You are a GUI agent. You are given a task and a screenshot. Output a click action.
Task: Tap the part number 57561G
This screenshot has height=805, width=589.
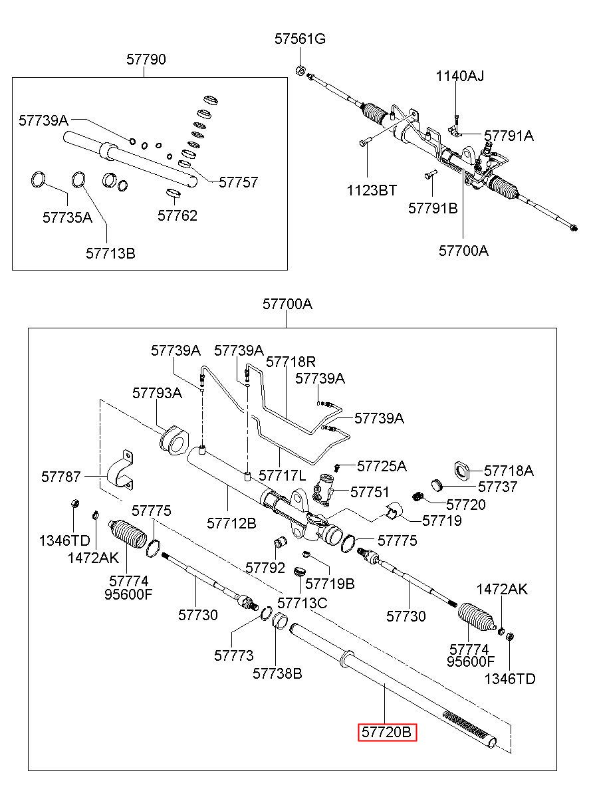(x=300, y=39)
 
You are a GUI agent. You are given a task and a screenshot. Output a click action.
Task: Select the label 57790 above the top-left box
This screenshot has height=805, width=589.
(x=146, y=59)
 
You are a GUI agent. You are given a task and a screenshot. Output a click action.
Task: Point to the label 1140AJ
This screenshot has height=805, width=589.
(x=460, y=76)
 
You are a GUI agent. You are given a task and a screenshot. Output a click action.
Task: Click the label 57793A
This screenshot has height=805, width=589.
(x=157, y=393)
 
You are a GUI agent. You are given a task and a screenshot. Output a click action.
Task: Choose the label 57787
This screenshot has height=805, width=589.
(x=60, y=477)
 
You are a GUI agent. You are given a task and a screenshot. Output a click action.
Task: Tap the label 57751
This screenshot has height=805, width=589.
(x=370, y=492)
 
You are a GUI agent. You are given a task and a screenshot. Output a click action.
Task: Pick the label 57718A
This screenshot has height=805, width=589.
(x=509, y=471)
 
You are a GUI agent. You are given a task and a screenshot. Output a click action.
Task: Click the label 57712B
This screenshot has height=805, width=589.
(x=231, y=524)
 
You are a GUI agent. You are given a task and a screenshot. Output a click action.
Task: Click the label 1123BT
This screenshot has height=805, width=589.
(x=372, y=191)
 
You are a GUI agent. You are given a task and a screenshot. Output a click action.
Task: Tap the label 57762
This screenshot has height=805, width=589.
(x=177, y=215)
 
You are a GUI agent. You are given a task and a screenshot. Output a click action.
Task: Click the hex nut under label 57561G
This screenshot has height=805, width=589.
(x=301, y=70)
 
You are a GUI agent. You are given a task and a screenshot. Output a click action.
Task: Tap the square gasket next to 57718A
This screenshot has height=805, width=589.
(x=461, y=471)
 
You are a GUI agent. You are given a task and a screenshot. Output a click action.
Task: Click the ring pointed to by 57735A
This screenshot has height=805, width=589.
(x=38, y=179)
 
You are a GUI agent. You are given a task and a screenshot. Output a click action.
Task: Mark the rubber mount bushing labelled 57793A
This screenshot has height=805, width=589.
(x=174, y=441)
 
